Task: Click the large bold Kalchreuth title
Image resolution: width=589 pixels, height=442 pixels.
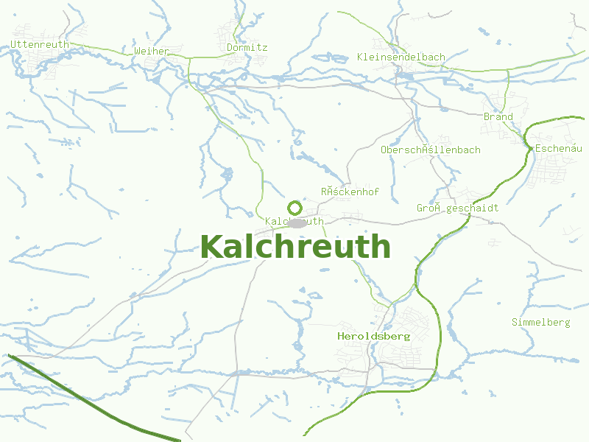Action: coord(294,247)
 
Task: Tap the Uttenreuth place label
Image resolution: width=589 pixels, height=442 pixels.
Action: coord(40,45)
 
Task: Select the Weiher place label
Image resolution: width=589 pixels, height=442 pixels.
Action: coord(152,52)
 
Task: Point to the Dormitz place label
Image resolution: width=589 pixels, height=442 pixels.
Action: coord(247,48)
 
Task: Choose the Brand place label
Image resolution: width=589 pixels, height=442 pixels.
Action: coord(498,117)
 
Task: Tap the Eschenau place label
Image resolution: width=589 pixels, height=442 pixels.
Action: coord(559,149)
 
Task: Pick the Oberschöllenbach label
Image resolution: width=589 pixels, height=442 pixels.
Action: coord(430,150)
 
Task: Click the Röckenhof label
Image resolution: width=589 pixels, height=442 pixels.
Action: coord(350,192)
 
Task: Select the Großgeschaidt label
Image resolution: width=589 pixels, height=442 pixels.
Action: coord(457,208)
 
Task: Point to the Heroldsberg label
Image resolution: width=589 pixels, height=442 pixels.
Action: coord(373,336)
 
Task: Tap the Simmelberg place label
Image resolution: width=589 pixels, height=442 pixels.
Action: coord(540,323)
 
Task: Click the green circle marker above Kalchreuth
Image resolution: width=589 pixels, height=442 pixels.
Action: coord(294,208)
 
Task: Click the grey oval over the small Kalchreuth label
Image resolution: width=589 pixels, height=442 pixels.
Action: coord(297,222)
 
